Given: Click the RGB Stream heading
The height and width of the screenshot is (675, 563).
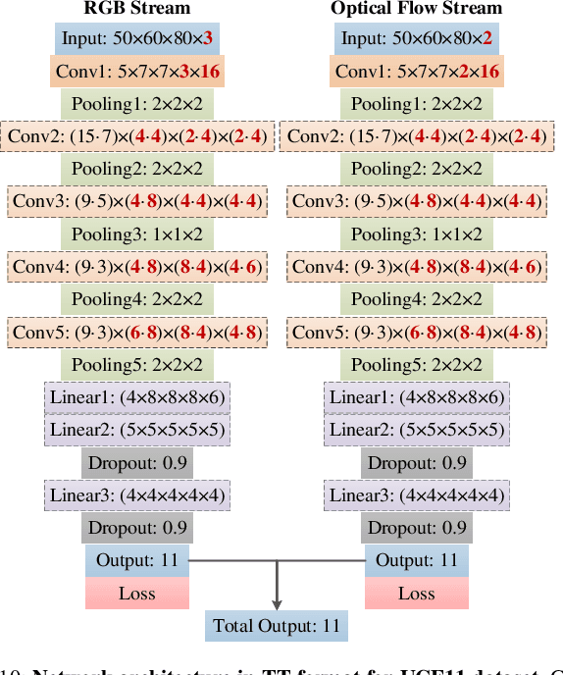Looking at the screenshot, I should [x=136, y=9].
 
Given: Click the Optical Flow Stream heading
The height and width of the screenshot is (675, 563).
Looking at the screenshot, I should [x=416, y=9].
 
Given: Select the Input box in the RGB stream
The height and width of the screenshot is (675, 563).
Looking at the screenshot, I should [x=137, y=40].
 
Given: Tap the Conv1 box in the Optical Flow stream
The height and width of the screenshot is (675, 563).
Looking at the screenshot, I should [x=417, y=72].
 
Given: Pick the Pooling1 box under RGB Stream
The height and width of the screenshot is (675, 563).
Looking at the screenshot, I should [x=137, y=104].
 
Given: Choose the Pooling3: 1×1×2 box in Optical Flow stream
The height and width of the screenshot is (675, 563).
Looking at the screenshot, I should [x=417, y=234].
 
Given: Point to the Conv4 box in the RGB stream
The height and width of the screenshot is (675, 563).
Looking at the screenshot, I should [x=137, y=267].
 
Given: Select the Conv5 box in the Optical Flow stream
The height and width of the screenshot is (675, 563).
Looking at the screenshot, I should [x=417, y=332].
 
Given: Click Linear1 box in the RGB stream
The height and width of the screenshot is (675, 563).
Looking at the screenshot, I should [x=137, y=397].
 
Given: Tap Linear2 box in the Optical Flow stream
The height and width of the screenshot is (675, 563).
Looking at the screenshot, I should [x=417, y=430].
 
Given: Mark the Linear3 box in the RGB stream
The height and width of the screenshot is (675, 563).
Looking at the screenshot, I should [x=137, y=495].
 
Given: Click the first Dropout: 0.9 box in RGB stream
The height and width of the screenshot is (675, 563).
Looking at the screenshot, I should [x=137, y=463].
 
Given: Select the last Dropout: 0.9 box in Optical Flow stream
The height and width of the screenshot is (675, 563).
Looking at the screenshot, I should [x=417, y=528].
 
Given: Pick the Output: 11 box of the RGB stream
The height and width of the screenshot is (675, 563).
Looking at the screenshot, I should [x=137, y=560].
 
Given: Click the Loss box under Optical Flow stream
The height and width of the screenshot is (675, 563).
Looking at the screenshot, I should [x=417, y=593].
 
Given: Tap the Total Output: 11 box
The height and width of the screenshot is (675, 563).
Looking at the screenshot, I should [x=278, y=625].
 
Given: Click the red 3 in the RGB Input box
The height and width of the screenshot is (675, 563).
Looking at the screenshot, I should [x=208, y=40].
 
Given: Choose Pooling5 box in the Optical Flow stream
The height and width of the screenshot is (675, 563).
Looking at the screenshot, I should [x=417, y=365].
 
